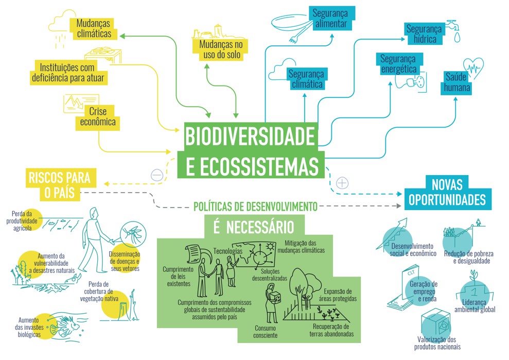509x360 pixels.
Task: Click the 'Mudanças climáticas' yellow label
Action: click(x=93, y=29)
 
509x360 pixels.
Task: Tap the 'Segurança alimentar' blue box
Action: click(x=331, y=18)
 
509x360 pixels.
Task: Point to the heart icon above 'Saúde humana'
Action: click(x=473, y=68)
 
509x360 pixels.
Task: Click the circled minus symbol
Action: click(x=157, y=176)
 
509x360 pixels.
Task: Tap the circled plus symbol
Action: click(x=342, y=183)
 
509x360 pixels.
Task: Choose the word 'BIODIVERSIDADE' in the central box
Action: click(x=250, y=136)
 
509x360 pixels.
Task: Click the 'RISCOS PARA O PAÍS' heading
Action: click(x=60, y=185)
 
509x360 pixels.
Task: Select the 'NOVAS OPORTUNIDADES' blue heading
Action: click(x=447, y=192)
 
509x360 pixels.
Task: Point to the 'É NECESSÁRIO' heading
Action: click(x=254, y=227)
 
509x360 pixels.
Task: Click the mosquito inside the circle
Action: click(x=133, y=233)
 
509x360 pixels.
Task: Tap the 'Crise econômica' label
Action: click(x=98, y=117)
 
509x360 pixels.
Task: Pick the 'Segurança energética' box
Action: click(x=398, y=64)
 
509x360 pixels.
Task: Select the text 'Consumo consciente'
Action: click(x=266, y=332)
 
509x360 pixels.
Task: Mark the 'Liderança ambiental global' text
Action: click(x=475, y=306)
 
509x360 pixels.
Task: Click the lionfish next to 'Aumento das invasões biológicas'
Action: click(x=68, y=327)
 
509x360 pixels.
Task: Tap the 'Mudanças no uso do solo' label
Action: click(x=221, y=49)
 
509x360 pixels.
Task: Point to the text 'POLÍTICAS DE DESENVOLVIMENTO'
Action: click(x=255, y=207)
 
